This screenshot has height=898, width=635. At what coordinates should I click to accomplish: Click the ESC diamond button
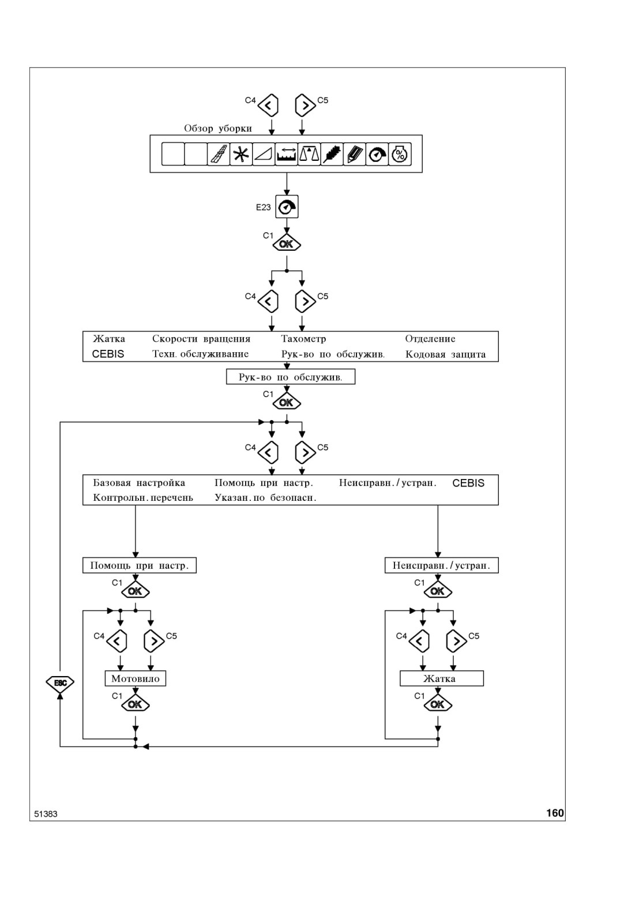pyautogui.click(x=60, y=683)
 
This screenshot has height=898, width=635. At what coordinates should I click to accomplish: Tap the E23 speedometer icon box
pyautogui.click(x=287, y=207)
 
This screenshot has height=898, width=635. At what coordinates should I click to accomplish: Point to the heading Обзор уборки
pyautogui.click(x=218, y=129)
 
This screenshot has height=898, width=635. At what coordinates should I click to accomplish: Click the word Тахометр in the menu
pyautogui.click(x=303, y=339)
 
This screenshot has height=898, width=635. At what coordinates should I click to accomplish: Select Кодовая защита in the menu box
pyautogui.click(x=445, y=354)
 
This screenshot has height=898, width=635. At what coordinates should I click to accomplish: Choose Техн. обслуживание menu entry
pyautogui.click(x=200, y=354)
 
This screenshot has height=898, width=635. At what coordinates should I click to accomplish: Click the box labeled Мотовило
pyautogui.click(x=135, y=678)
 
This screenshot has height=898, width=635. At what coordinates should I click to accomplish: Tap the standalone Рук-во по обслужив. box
pyautogui.click(x=291, y=377)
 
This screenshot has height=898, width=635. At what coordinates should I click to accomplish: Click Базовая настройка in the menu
pyautogui.click(x=139, y=482)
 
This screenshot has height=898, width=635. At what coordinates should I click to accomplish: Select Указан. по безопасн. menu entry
pyautogui.click(x=265, y=498)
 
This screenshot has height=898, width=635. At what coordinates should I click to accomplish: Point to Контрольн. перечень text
pyautogui.click(x=143, y=498)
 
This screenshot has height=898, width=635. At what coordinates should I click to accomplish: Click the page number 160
pyautogui.click(x=555, y=813)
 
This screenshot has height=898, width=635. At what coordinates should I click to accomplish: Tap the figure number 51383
pyautogui.click(x=46, y=814)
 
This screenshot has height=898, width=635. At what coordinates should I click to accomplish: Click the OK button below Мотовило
pyautogui.click(x=135, y=704)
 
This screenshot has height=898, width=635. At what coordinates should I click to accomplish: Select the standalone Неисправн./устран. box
pyautogui.click(x=441, y=565)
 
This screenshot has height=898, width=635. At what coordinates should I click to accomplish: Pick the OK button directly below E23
pyautogui.click(x=287, y=244)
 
